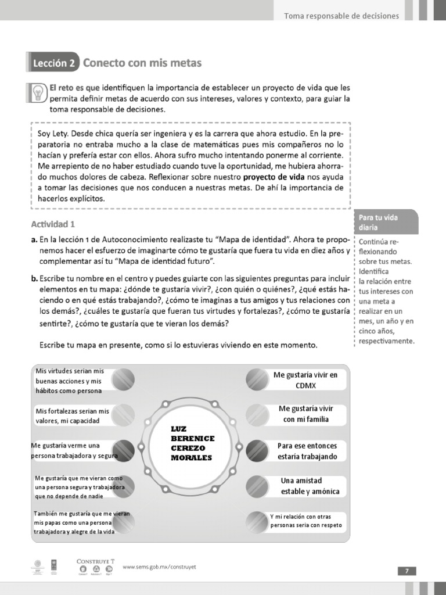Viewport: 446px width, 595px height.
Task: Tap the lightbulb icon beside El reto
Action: pyautogui.click(x=37, y=93)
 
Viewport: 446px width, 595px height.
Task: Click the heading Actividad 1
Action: pyautogui.click(x=53, y=224)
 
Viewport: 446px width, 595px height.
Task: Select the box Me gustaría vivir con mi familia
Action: pyautogui.click(x=305, y=414)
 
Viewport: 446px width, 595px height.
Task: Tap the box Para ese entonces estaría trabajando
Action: pyautogui.click(x=307, y=451)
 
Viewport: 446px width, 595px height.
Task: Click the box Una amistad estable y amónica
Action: pyautogui.click(x=310, y=486)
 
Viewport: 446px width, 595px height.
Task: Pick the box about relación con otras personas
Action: pyautogui.click(x=306, y=521)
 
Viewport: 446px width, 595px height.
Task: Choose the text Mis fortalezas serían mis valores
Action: pyautogui.click(x=72, y=415)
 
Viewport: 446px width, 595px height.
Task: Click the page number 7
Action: pyautogui.click(x=407, y=571)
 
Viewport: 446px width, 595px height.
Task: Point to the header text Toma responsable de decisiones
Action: pyautogui.click(x=341, y=16)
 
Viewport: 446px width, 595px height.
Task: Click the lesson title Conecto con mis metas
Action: pyautogui.click(x=142, y=62)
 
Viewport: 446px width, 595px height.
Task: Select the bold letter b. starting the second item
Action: pyautogui.click(x=34, y=279)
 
